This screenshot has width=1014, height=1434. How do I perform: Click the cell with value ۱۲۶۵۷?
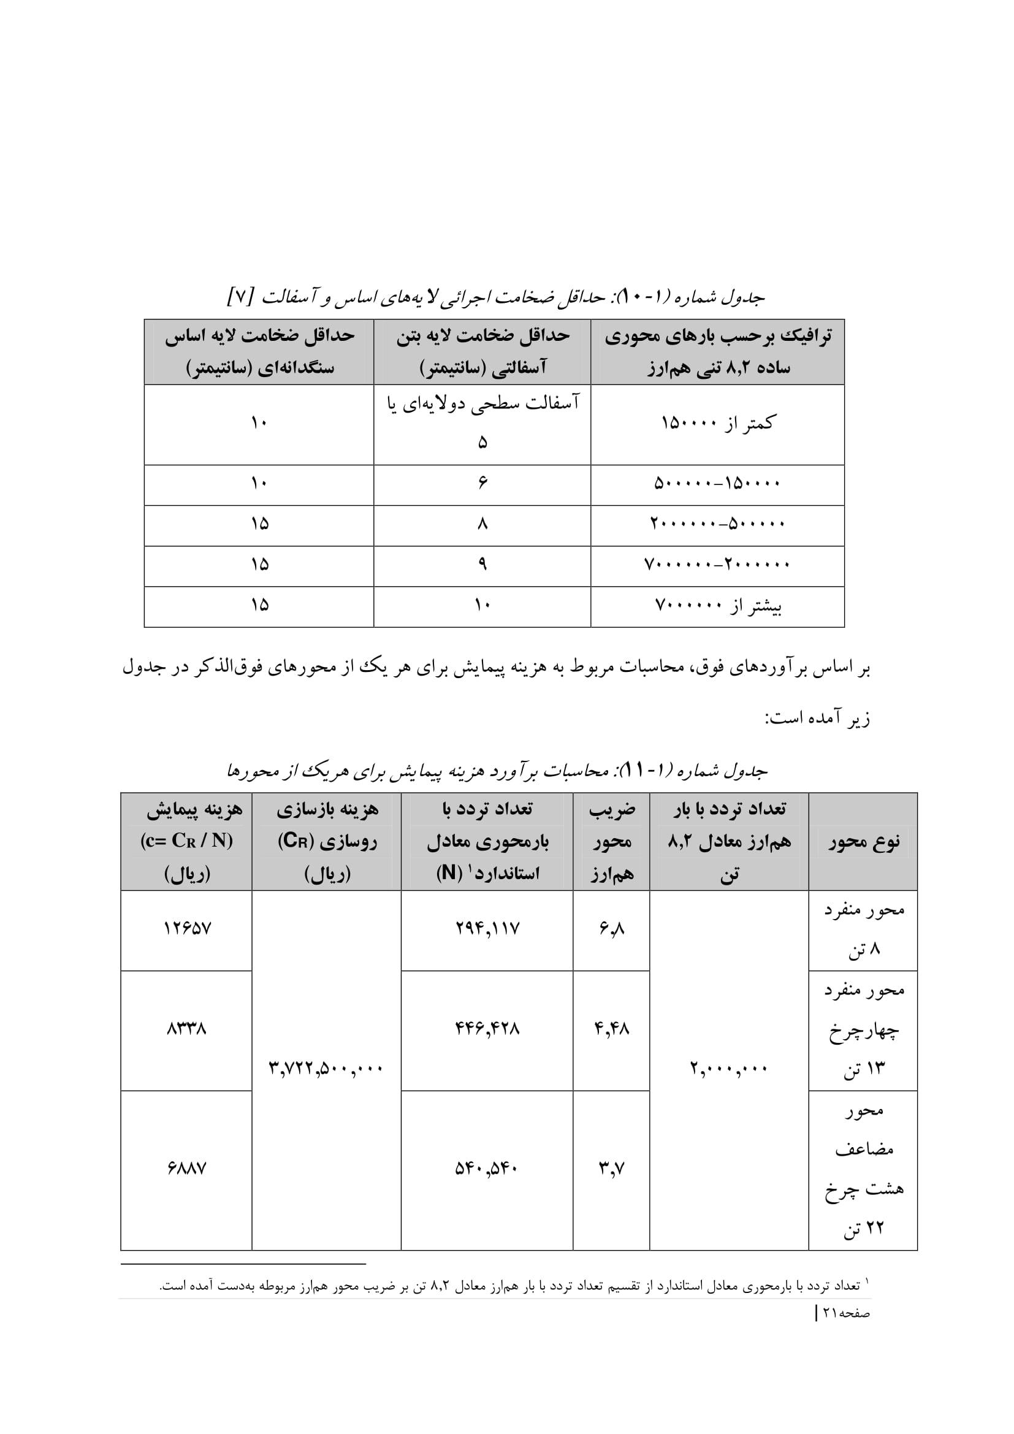pos(188,928)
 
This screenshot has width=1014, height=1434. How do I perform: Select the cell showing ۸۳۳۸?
pos(187,1028)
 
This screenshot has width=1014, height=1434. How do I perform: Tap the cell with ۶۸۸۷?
pos(187,1167)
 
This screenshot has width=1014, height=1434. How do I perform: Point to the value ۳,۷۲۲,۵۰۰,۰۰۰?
pos(326,1068)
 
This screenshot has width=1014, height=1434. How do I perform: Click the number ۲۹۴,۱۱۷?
pos(487,928)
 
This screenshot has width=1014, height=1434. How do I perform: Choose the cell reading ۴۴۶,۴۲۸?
pos(487,1028)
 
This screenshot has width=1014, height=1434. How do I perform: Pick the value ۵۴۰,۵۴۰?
pos(487,1167)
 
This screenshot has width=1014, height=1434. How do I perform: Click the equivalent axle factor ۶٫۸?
pos(611,929)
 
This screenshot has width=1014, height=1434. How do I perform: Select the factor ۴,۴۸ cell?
pos(611,1028)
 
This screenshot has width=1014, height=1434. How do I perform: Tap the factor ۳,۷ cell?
pos(611,1167)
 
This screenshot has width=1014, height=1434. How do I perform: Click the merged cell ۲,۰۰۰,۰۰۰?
pos(729,1068)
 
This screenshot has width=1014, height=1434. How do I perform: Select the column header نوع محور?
pos(864,842)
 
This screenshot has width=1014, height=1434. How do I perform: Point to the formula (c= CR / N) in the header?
pos(187,841)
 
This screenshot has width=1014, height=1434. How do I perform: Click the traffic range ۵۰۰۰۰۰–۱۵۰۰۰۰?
pos(717,483)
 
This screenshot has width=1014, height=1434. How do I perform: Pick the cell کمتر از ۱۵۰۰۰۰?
pos(717,424)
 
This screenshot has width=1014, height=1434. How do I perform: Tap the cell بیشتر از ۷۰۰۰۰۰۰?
pos(717,605)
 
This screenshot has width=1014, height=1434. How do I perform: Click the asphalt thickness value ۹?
pos(482,565)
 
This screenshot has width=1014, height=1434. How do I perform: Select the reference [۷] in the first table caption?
pos(240,297)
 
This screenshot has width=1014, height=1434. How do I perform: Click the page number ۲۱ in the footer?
pos(830,1313)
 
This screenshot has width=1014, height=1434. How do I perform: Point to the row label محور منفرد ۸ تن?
pos(864,929)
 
